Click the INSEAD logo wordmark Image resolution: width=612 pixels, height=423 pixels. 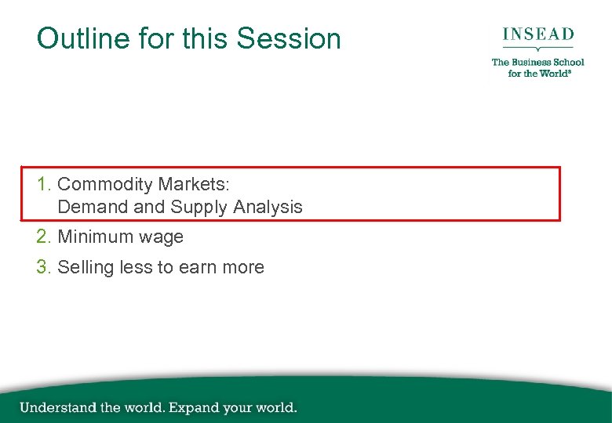coord(538,35)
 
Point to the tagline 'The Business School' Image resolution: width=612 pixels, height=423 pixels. coord(538,62)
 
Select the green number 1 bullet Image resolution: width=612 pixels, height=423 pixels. coord(42,185)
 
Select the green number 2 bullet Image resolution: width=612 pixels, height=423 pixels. coord(42,237)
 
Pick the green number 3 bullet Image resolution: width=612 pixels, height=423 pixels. coord(42,267)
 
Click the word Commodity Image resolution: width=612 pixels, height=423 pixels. coord(105,185)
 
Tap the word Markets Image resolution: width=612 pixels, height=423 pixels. coord(192,185)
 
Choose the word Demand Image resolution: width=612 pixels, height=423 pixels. coord(90,208)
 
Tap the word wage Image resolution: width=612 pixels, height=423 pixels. coord(161,237)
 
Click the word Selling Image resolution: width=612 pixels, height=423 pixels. coord(86,267)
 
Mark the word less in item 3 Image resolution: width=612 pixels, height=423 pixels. coord(135,267)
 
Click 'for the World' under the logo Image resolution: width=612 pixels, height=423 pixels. coord(537,74)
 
